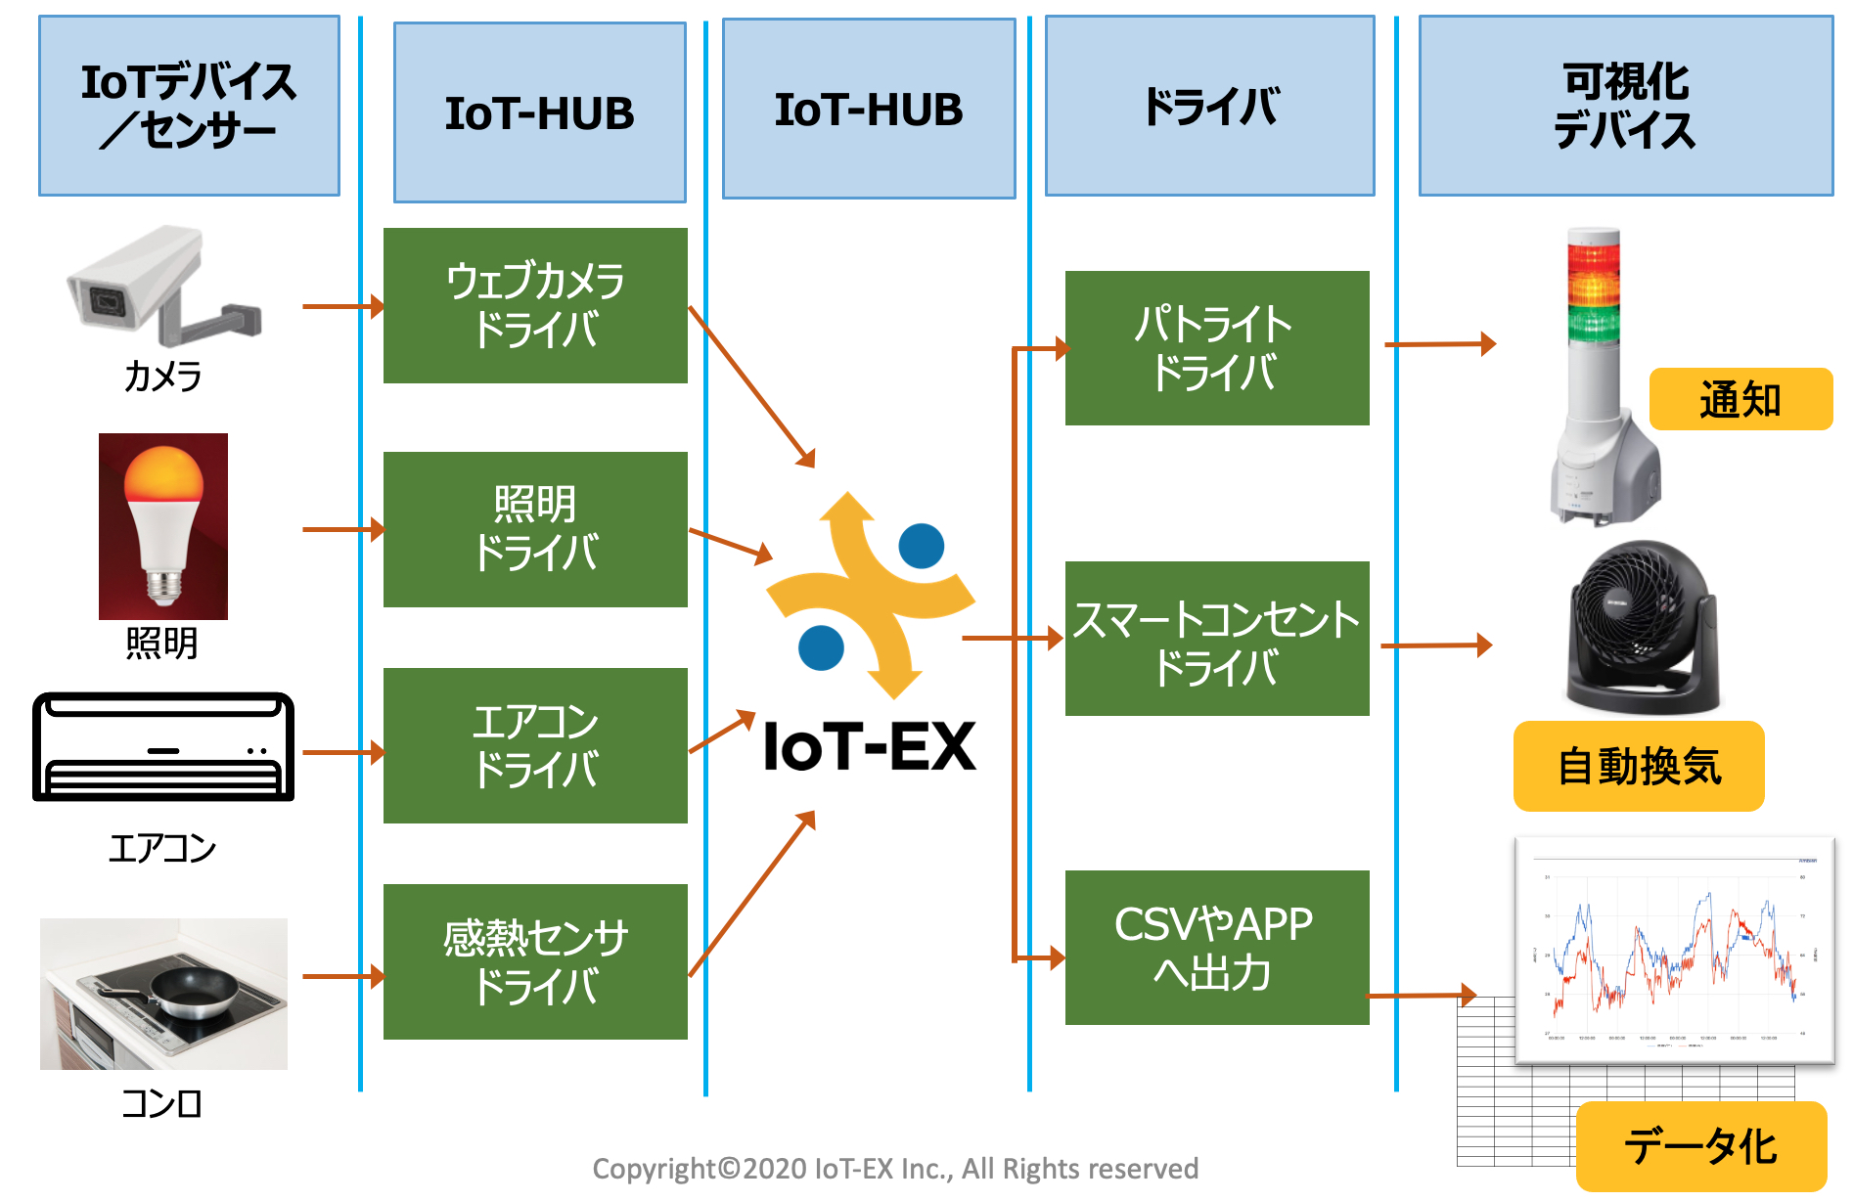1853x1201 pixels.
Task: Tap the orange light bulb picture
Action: click(x=163, y=525)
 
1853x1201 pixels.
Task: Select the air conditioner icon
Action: click(x=163, y=746)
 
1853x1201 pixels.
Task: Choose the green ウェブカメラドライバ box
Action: click(x=535, y=305)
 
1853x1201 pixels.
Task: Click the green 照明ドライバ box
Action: click(x=535, y=529)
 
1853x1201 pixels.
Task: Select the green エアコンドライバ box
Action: click(x=535, y=745)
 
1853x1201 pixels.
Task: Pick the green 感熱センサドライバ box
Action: click(x=535, y=961)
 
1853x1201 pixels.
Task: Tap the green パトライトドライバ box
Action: click(x=1216, y=348)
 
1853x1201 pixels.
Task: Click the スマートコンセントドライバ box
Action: click(x=1216, y=639)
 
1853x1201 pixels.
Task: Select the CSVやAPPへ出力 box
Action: click(x=1216, y=947)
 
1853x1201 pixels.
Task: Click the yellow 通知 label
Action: click(x=1740, y=399)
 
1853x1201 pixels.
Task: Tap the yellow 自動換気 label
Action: click(x=1638, y=766)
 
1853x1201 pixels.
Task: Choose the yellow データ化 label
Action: click(x=1700, y=1145)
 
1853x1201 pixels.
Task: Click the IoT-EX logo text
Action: click(x=869, y=747)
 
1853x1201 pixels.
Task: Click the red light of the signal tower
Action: click(x=1594, y=257)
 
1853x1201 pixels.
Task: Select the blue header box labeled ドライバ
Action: click(x=1209, y=106)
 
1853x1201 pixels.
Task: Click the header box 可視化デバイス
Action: click(x=1625, y=106)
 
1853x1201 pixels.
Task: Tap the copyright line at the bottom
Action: click(x=895, y=1168)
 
